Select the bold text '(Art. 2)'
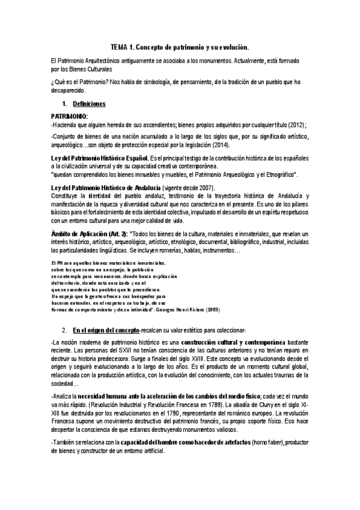(x=115, y=233)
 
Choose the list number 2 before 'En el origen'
(x=64, y=330)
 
